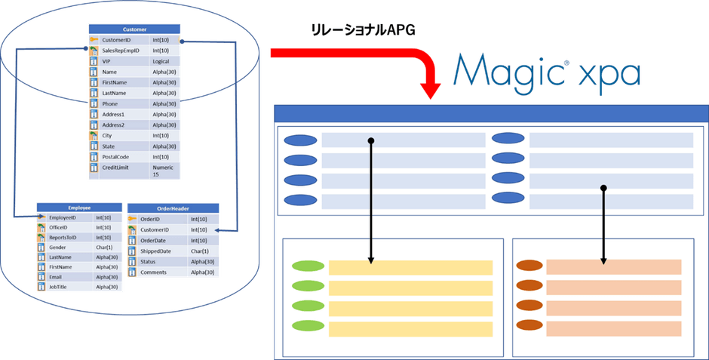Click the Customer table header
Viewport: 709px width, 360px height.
tap(134, 29)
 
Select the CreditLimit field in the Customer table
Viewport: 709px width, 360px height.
tap(118, 168)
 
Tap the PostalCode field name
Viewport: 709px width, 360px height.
tap(118, 157)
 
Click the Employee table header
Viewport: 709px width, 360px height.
tap(79, 207)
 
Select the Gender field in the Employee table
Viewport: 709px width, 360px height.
tap(58, 247)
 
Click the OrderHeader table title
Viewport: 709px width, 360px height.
tap(174, 209)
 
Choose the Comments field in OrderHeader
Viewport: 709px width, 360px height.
tap(154, 272)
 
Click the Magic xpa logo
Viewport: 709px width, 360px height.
tap(547, 72)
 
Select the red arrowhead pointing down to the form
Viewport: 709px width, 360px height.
tap(431, 93)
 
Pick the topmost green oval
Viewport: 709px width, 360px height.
tap(308, 266)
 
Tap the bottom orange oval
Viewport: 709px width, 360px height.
tap(529, 325)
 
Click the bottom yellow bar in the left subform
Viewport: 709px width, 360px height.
tap(410, 329)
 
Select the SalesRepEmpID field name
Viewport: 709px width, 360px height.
tap(121, 51)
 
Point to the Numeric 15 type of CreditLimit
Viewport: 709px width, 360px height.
tap(163, 171)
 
